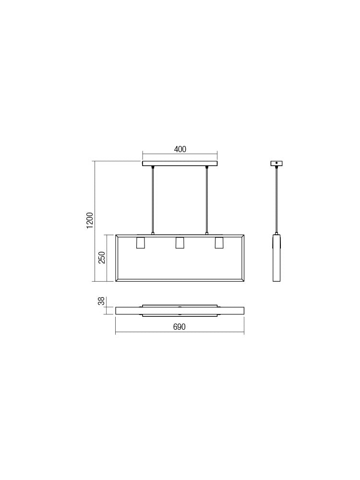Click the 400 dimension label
click(x=180, y=149)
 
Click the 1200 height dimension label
click(x=90, y=220)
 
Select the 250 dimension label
click(x=102, y=257)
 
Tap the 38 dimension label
click(x=101, y=301)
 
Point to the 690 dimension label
click(x=179, y=327)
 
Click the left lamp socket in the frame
click(x=141, y=243)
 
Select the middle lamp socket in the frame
click(x=180, y=243)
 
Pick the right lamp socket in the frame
click(x=219, y=243)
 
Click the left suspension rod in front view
click(x=153, y=199)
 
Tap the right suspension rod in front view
click(x=207, y=199)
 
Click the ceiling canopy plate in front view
click(x=180, y=163)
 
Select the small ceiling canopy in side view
click(x=276, y=163)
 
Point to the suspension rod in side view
click(x=276, y=199)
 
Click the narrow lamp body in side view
click(x=276, y=259)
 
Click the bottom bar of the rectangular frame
click(x=180, y=280)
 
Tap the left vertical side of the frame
click(x=117, y=258)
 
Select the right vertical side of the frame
click(x=243, y=258)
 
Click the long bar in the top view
click(x=180, y=311)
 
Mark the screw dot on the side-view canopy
click(x=276, y=163)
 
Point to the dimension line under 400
click(x=180, y=156)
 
